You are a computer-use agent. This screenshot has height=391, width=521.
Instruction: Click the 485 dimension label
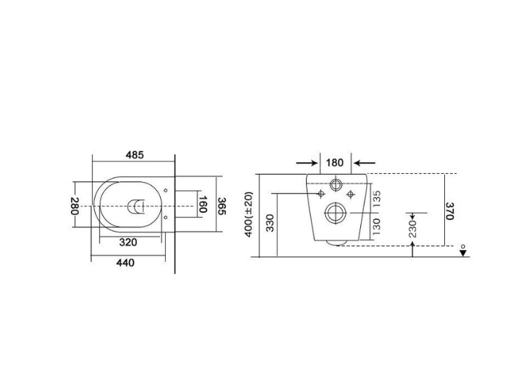pos(134,155)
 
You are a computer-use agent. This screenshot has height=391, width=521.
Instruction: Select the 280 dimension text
pos(75,207)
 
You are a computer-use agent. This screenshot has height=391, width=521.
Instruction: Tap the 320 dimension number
pos(129,242)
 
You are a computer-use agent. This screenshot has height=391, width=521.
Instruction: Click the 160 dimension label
pos(205,206)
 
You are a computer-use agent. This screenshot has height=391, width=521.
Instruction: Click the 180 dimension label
pos(335,162)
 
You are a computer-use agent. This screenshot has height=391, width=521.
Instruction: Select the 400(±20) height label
pos(249,213)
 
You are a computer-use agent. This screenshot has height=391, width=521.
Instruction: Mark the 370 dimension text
pos(450,210)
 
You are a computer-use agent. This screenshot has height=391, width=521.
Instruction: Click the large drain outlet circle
pos(335,213)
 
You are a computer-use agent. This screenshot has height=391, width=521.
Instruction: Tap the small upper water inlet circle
pos(336,183)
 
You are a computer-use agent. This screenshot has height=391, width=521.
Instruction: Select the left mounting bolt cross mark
pos(320,194)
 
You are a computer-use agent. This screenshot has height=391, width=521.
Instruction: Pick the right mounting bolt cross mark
pos(351,194)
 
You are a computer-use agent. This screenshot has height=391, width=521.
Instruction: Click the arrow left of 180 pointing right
pos(305,162)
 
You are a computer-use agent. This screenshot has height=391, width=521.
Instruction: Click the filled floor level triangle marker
pos(463,253)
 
